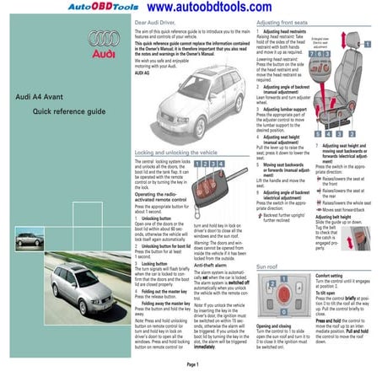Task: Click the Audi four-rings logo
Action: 104,38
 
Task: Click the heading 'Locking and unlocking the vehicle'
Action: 180,153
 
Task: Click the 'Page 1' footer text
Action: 191,363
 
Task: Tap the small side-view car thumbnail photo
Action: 29,239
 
